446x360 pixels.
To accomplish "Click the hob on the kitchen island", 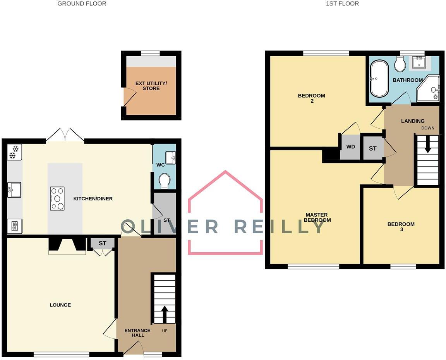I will (57, 198).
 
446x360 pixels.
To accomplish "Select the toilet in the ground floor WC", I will (165, 181).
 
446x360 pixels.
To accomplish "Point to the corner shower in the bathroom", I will (429, 90).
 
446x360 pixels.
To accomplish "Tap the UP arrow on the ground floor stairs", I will (164, 314).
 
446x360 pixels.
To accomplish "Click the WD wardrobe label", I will (350, 147).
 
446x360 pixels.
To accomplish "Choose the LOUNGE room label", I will (60, 305).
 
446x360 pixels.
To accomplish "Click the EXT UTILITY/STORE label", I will (151, 86).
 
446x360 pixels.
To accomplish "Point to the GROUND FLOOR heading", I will (82, 3).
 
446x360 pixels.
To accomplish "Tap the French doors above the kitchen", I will (65, 136).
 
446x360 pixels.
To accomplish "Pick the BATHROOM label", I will (408, 80).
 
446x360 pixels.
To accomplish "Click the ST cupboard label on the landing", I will (372, 148).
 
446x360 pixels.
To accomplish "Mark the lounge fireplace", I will (67, 246).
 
